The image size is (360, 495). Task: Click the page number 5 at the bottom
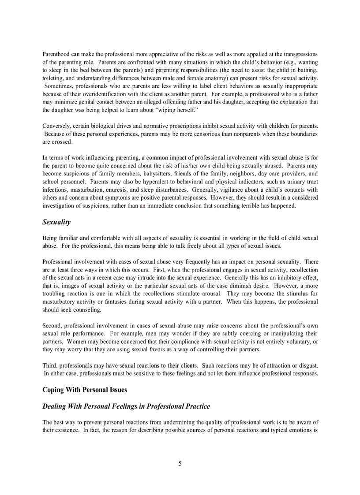(180, 463)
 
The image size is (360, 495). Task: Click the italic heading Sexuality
(56, 222)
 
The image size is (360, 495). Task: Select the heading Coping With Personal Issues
(85, 390)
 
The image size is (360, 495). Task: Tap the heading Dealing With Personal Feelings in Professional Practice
(126, 406)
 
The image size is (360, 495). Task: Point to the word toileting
(54, 78)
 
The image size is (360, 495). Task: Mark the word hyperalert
(139, 182)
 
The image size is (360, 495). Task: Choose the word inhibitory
(289, 278)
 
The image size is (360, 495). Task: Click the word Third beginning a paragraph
(50, 365)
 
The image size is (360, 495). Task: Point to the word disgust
(307, 365)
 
